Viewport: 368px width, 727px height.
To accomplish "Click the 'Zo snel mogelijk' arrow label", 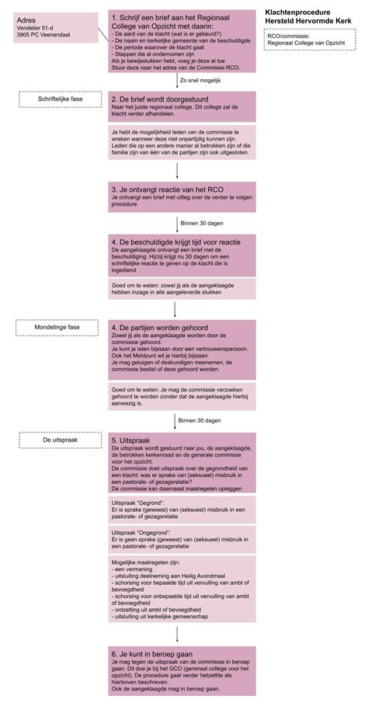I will tap(200, 79).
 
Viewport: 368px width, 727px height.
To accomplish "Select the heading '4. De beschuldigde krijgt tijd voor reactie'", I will tap(175, 242).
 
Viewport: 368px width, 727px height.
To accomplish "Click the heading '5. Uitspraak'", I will tap(133, 440).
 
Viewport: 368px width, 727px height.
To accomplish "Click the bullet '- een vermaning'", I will tap(133, 569).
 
